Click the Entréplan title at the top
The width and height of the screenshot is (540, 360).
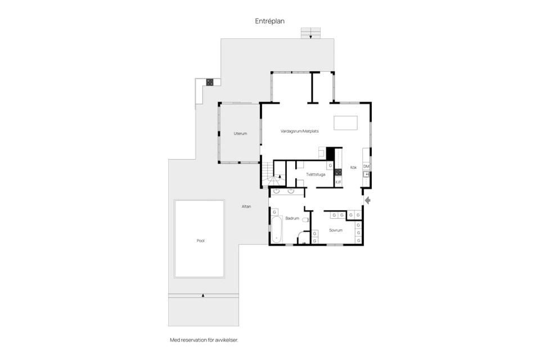pos(269,21)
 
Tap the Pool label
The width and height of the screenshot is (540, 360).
pos(200,241)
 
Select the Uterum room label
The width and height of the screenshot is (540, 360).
pos(240,134)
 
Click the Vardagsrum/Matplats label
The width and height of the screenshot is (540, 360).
pos(300,131)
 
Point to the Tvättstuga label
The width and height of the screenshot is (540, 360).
pos(316,175)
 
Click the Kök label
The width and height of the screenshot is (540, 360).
pos(354,168)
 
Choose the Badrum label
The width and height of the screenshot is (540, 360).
pos(292,218)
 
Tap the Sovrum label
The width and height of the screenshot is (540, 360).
pos(336,230)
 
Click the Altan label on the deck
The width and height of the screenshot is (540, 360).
pos(246,206)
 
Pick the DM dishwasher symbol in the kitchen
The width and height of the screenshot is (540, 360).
pos(366,166)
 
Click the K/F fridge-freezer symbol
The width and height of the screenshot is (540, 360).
pos(338,182)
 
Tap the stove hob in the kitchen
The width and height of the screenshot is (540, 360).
pos(338,172)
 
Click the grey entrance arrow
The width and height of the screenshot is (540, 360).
pos(367,200)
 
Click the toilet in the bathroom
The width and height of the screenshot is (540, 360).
pos(305,220)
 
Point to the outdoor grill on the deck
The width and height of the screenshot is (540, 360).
pos(209,82)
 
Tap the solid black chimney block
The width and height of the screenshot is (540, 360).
pos(330,154)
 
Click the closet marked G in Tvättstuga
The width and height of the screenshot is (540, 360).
pos(330,166)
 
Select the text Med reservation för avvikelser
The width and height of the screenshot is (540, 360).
pos(204,340)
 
